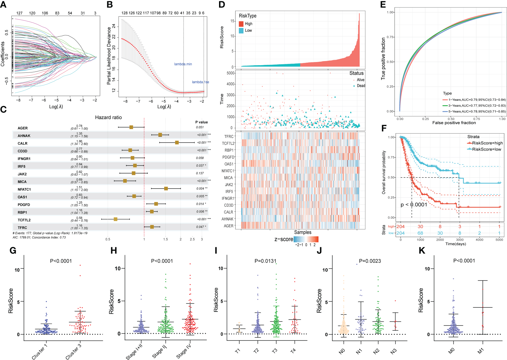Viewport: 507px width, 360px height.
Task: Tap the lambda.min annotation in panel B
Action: pos(183,64)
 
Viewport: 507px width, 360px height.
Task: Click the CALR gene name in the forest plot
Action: pos(22,144)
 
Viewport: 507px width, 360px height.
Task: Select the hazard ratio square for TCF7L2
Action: pos(115,219)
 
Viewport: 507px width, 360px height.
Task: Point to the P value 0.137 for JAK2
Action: pos(200,173)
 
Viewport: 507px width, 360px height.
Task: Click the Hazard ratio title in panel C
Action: pos(108,117)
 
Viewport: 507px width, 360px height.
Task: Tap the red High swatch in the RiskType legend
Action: pos(241,24)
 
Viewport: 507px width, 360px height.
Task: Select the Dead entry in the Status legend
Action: pos(361,86)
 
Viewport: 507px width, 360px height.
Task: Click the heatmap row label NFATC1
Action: pos(228,171)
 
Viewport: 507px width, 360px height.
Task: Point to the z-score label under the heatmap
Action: pos(284,239)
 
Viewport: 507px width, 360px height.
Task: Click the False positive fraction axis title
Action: pos(454,123)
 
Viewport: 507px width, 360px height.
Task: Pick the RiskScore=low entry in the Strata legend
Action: pos(487,149)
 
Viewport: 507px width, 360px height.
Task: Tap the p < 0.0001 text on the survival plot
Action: pos(414,205)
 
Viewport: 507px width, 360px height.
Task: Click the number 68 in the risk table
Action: pos(420,233)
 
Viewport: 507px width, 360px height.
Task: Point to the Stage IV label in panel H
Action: pos(184,351)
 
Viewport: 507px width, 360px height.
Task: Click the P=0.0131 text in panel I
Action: pos(265,261)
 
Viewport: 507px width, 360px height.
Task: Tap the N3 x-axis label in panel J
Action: pos(393,351)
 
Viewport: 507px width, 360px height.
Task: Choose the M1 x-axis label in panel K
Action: pos(481,351)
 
